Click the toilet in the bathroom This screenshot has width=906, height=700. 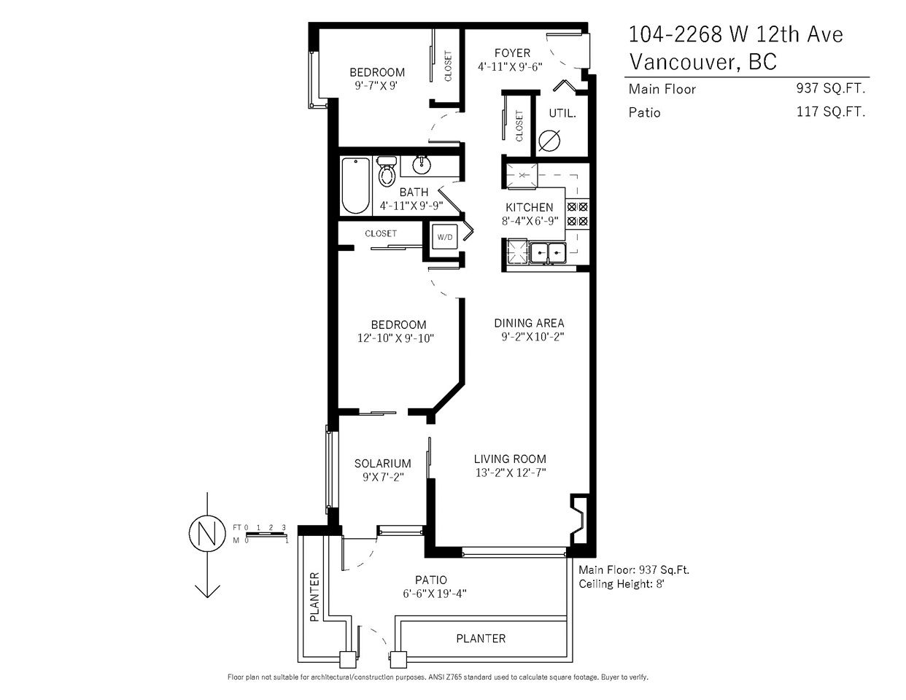387,171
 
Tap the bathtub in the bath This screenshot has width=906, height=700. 356,185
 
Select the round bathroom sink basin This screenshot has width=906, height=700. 421,165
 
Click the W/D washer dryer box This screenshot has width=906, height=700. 445,237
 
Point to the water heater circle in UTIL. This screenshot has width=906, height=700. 549,141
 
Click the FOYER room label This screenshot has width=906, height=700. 512,53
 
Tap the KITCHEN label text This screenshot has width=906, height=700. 529,207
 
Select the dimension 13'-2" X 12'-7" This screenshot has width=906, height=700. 511,472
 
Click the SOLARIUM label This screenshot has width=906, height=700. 382,463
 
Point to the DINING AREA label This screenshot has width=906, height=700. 529,323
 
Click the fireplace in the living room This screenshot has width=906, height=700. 579,519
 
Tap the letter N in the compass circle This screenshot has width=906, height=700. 207,534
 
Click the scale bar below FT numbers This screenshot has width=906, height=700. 267,534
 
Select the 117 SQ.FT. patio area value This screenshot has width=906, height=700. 831,112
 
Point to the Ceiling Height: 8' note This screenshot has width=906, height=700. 621,584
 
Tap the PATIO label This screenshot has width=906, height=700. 430,580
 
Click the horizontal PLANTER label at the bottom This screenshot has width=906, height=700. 481,638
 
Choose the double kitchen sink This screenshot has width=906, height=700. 548,252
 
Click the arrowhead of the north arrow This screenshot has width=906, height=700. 207,591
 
